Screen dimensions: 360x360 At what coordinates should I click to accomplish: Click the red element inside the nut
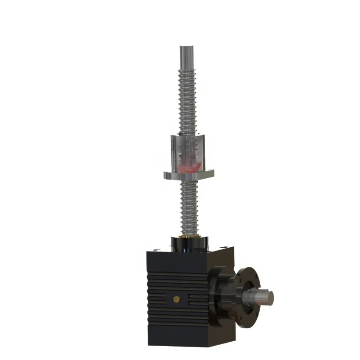[189, 167]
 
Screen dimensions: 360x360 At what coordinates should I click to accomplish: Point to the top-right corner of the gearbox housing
[234, 248]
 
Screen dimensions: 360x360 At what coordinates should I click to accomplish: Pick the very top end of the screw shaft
[186, 47]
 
